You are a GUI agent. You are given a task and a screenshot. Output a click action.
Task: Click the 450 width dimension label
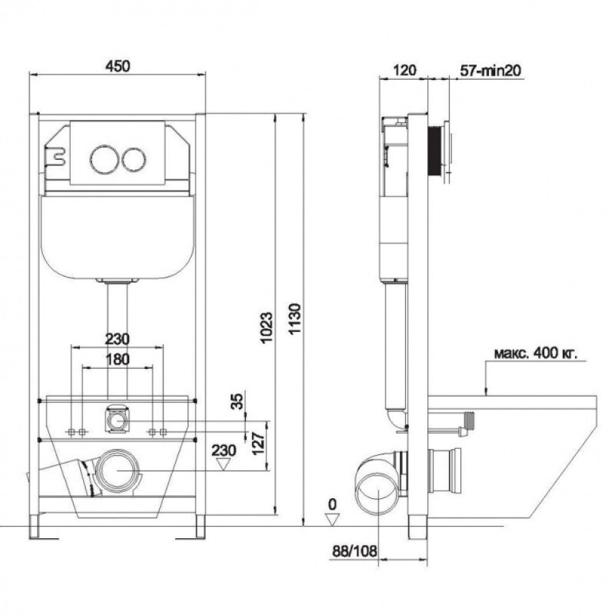[x=118, y=66]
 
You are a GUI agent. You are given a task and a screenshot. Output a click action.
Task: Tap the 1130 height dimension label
[x=294, y=318]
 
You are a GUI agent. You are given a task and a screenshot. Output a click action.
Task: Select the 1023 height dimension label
[x=267, y=327]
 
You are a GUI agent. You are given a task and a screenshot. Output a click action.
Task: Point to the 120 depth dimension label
[x=404, y=70]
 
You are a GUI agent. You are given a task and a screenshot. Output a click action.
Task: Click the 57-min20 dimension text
[x=490, y=70]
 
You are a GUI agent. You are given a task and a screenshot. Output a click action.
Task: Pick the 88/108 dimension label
[x=354, y=551]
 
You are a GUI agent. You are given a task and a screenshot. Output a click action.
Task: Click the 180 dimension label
[x=118, y=359]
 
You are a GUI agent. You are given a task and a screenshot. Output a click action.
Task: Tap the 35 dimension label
[x=237, y=401]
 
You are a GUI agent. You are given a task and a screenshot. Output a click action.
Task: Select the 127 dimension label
[x=258, y=444]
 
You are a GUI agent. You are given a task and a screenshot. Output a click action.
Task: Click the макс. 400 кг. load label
[x=535, y=353]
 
